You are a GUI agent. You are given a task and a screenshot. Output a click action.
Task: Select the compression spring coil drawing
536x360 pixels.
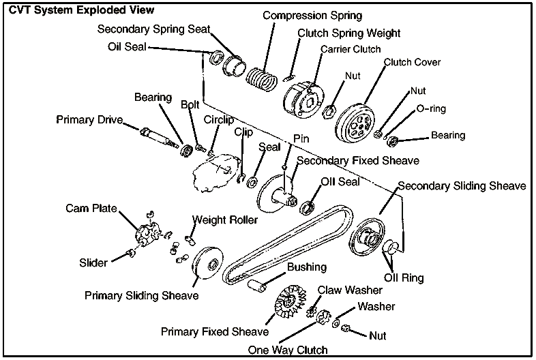[x=261, y=80]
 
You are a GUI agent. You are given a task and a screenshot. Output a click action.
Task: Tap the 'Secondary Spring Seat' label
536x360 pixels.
[x=153, y=29]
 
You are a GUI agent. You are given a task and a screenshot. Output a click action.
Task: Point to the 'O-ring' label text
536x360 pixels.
[x=430, y=109]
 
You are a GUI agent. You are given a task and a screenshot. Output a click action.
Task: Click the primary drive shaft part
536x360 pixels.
[x=158, y=136]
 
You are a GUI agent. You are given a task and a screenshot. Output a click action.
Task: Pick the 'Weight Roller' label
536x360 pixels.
[x=224, y=220]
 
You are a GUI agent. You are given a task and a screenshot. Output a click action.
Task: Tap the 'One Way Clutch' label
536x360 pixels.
[x=287, y=350]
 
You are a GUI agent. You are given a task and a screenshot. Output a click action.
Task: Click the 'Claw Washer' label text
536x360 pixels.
[x=350, y=290]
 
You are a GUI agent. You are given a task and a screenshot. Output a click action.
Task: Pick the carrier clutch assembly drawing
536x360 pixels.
[x=303, y=99]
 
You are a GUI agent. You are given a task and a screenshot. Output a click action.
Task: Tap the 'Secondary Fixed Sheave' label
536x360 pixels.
[x=358, y=161]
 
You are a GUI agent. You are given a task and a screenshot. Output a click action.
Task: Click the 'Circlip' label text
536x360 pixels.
[x=219, y=119]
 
